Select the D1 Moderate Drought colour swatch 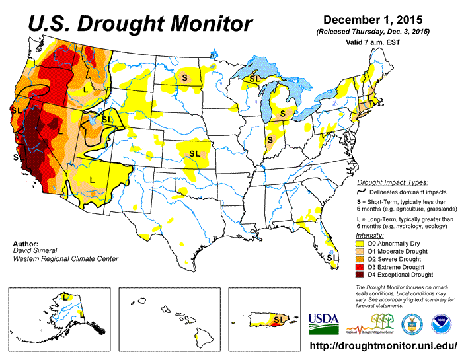coord(361,250)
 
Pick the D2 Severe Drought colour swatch coord(361,258)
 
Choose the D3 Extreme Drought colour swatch coord(361,266)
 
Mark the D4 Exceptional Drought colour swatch coord(361,274)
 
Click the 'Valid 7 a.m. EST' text coord(373,42)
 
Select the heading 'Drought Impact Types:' coord(392,182)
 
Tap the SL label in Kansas coord(194,153)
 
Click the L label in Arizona coord(92,178)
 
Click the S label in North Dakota coord(185,77)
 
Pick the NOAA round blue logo coord(439,322)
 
